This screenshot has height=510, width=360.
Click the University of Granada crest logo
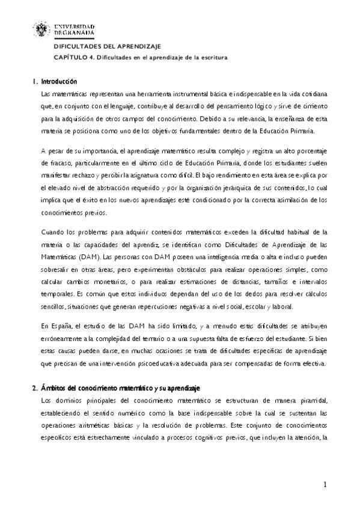(x=44, y=31)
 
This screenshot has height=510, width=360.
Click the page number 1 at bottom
(x=325, y=484)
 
